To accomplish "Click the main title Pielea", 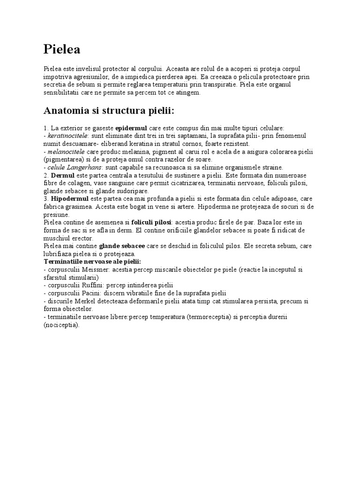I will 62,49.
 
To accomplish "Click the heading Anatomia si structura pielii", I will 109,111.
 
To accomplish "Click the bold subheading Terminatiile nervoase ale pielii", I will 92,261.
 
